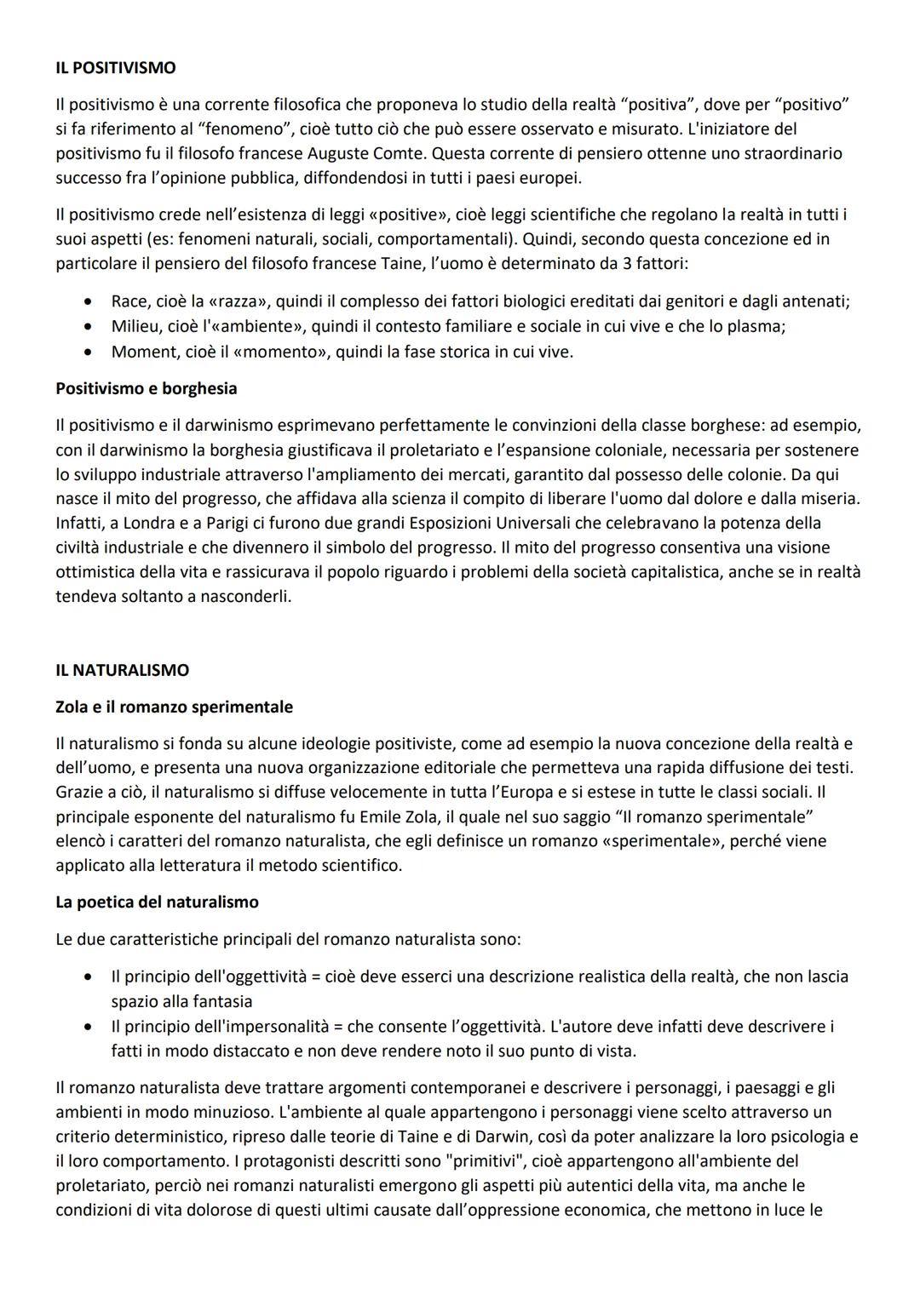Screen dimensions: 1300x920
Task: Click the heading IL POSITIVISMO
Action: point(116,67)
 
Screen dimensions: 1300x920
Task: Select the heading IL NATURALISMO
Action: point(122,670)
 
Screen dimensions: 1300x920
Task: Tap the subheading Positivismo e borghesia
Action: point(146,388)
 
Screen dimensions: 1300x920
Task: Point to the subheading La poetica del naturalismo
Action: point(157,902)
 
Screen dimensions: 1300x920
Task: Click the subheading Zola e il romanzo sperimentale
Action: point(174,707)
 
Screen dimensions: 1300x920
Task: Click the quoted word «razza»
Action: point(239,301)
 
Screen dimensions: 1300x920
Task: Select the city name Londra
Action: point(152,523)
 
